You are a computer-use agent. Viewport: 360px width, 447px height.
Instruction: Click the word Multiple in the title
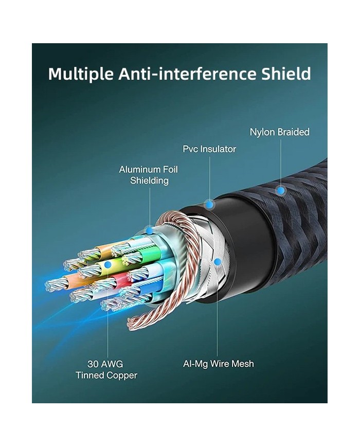click(x=81, y=74)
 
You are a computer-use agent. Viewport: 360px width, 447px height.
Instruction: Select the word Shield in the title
click(x=284, y=74)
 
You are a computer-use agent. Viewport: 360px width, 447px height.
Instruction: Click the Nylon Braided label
click(x=279, y=132)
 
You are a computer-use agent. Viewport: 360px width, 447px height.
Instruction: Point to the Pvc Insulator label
click(x=209, y=149)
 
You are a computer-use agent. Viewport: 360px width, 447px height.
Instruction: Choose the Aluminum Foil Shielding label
click(x=149, y=175)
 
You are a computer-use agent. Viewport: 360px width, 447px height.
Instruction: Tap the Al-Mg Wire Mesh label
click(x=219, y=364)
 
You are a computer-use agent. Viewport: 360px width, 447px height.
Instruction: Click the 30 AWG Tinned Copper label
click(x=106, y=370)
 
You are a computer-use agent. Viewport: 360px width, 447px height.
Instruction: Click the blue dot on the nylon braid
click(x=280, y=191)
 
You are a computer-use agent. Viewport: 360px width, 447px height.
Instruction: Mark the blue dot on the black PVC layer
click(x=209, y=205)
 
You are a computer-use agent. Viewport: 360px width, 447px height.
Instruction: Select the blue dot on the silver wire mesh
click(x=218, y=261)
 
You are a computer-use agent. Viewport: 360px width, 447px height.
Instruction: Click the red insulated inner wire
click(x=119, y=280)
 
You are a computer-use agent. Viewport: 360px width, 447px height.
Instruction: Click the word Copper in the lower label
click(x=121, y=376)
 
